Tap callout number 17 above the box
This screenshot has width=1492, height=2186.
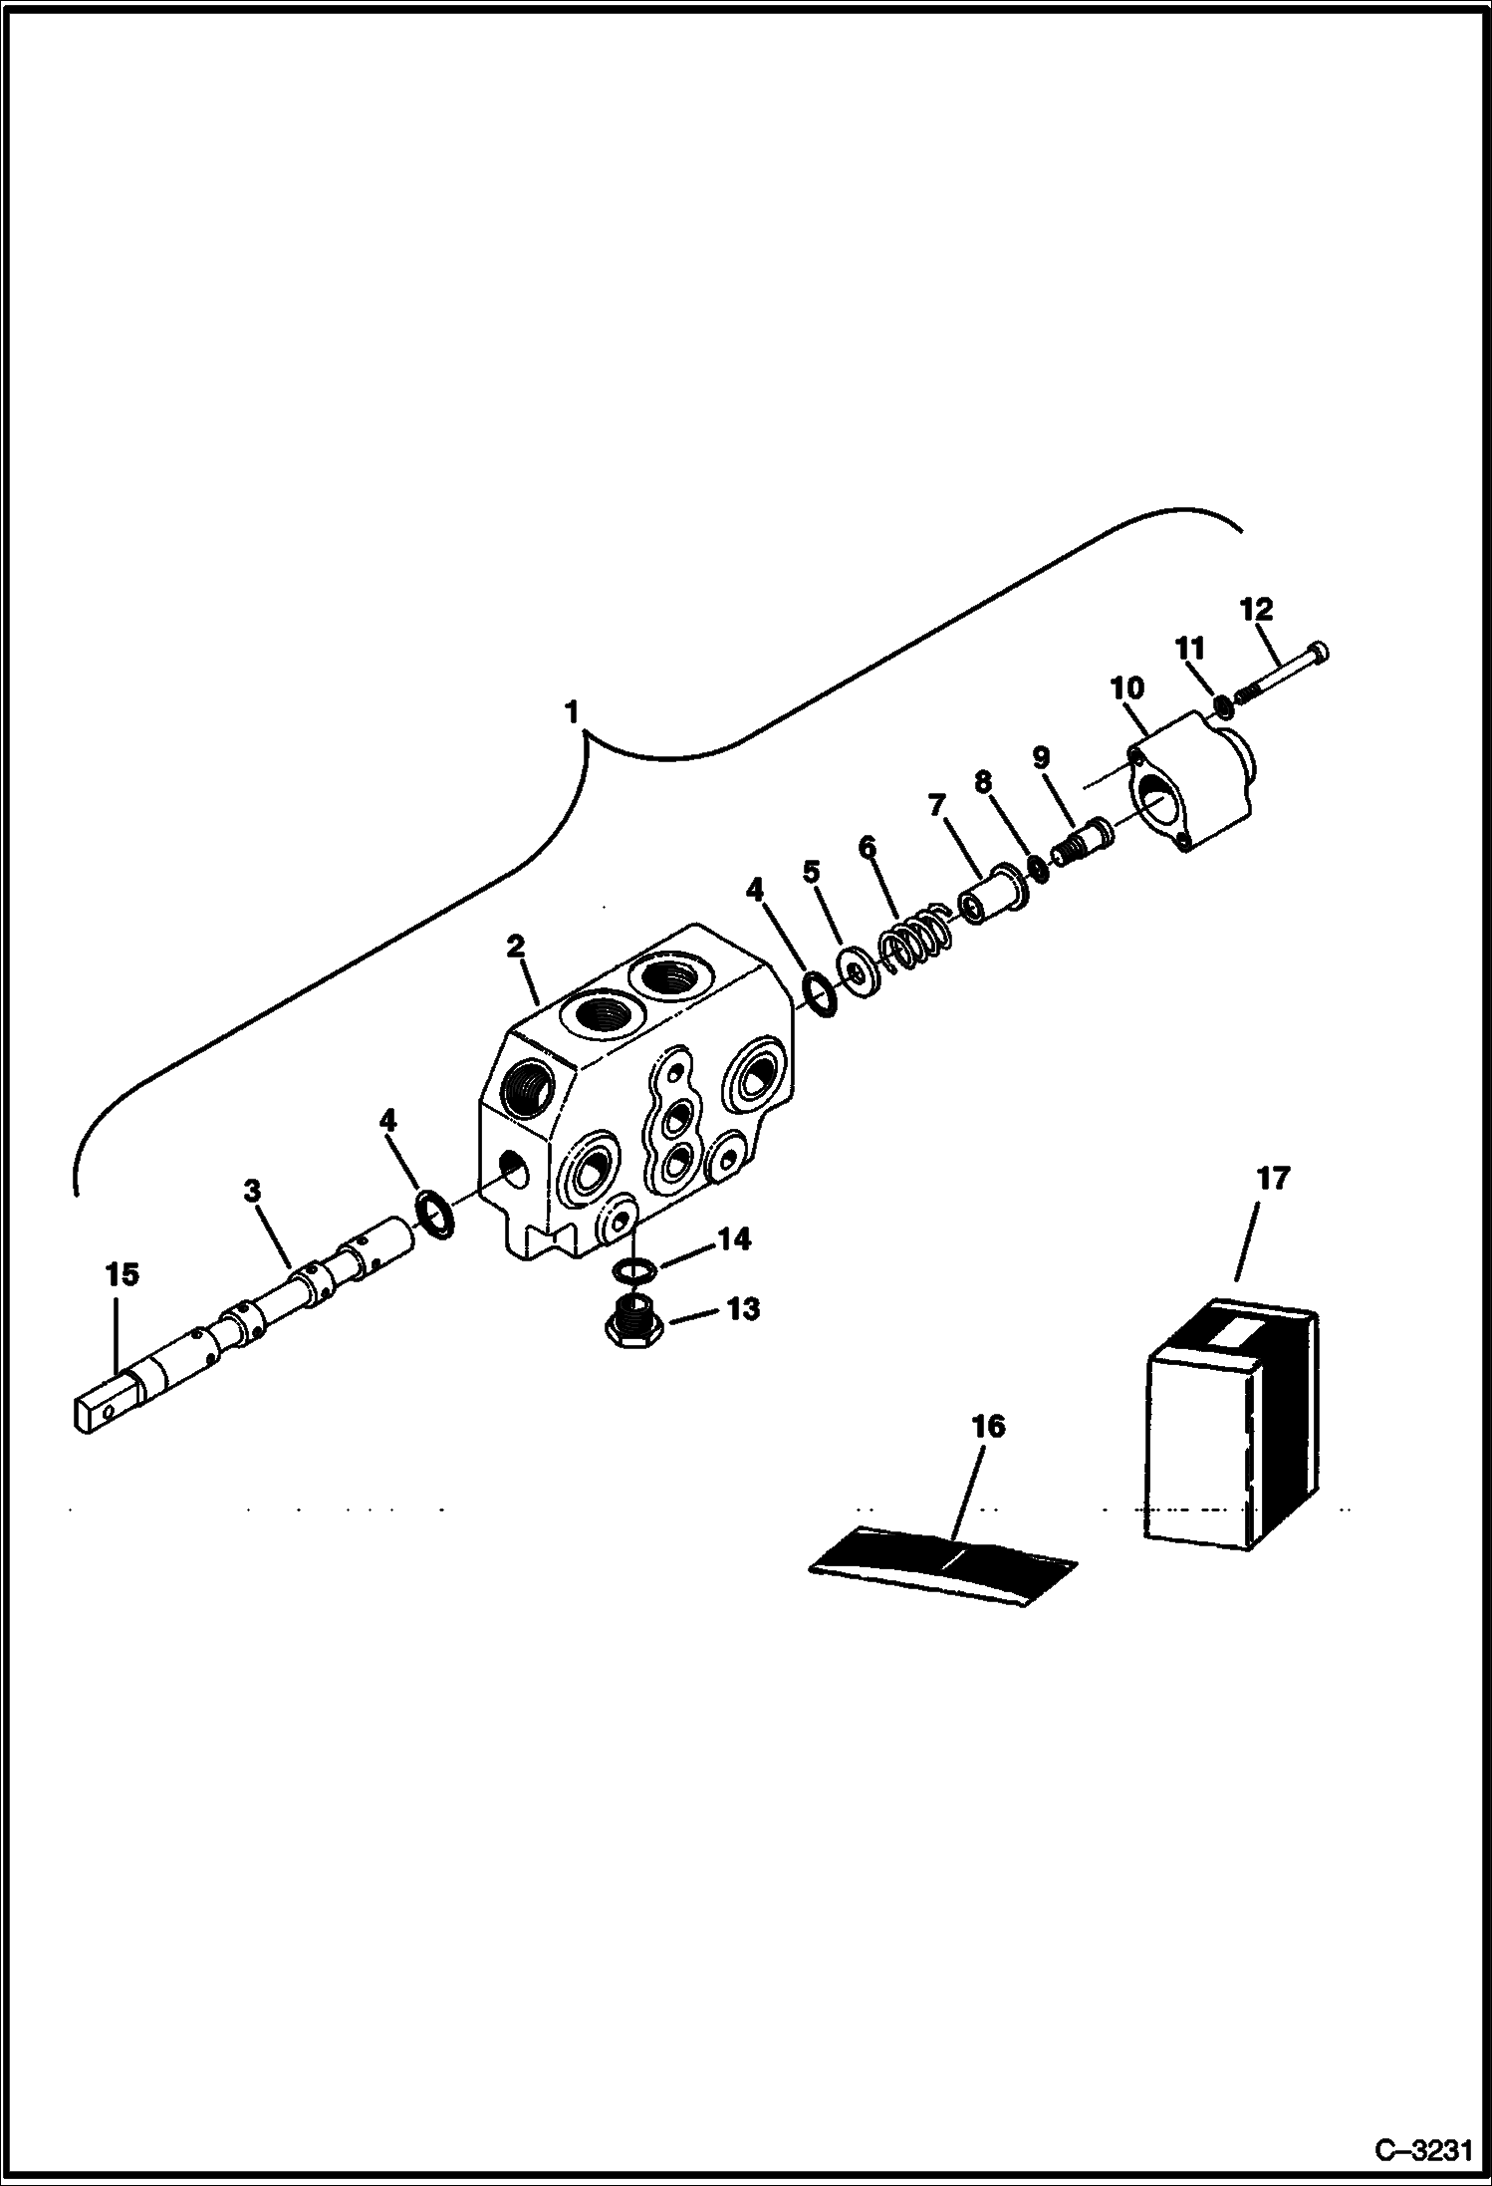pos(1272,1178)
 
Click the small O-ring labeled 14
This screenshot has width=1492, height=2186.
pos(634,1270)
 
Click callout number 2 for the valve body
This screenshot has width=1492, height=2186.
pos(515,946)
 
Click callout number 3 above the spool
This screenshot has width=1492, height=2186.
pos(252,1190)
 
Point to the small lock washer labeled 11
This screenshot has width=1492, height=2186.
pos(1222,706)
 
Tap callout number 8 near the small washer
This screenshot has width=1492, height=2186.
pos(984,782)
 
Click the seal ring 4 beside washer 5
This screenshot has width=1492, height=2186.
pos(820,995)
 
